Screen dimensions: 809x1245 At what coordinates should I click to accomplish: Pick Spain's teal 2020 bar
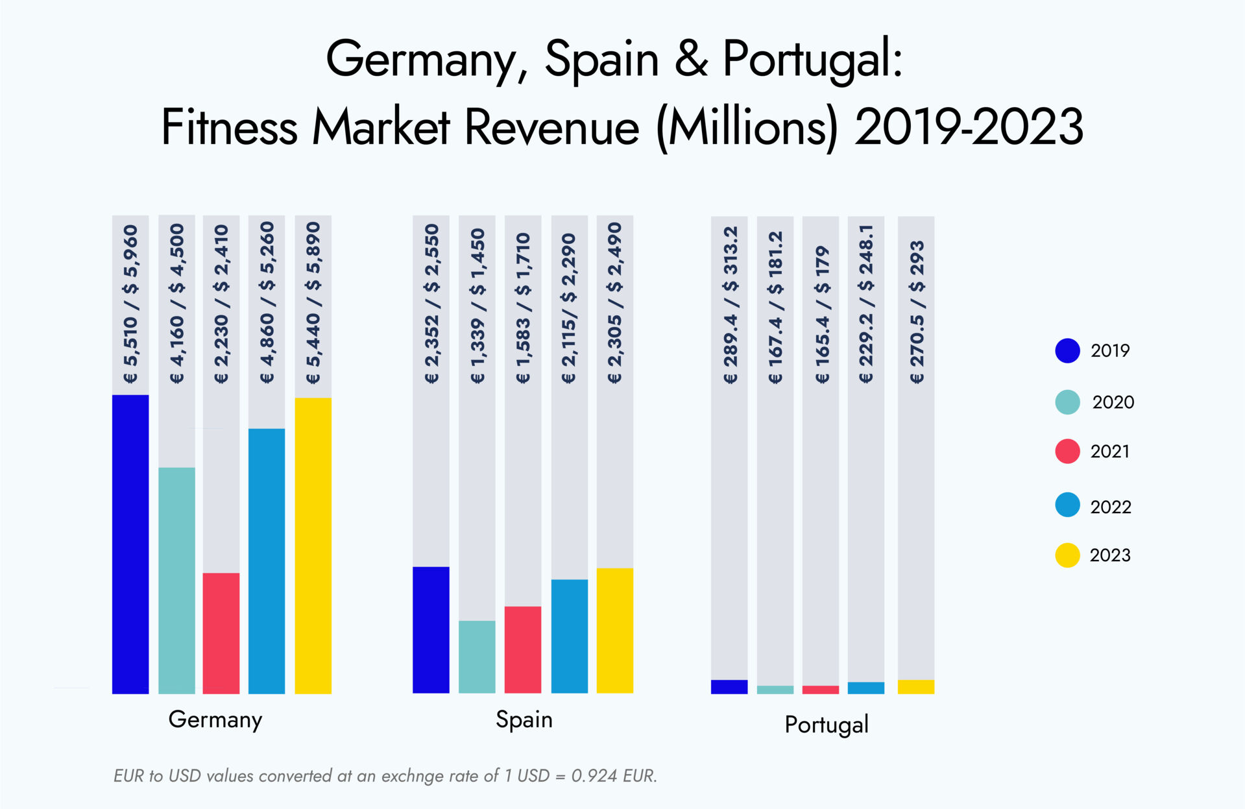pyautogui.click(x=477, y=657)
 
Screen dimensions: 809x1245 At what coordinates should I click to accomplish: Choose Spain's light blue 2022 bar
pyautogui.click(x=569, y=636)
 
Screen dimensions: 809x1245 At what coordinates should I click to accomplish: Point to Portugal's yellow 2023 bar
pyautogui.click(x=915, y=686)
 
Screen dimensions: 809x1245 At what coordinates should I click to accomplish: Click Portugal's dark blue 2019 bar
pyautogui.click(x=729, y=686)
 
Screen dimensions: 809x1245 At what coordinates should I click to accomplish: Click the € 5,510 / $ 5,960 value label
pyautogui.click(x=130, y=304)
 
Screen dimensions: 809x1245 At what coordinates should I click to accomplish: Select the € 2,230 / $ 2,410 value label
pyautogui.click(x=221, y=304)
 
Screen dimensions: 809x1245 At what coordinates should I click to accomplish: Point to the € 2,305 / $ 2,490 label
pyautogui.click(x=614, y=303)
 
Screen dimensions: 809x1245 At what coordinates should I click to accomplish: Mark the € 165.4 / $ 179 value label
pyautogui.click(x=821, y=314)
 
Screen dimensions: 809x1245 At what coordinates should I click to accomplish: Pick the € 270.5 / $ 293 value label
pyautogui.click(x=916, y=312)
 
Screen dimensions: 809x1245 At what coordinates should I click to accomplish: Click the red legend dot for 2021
pyautogui.click(x=1067, y=451)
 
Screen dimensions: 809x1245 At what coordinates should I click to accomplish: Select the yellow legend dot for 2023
pyautogui.click(x=1067, y=555)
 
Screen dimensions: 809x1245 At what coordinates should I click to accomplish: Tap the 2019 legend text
pyautogui.click(x=1109, y=350)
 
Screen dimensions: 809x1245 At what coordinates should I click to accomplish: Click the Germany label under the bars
pyautogui.click(x=215, y=719)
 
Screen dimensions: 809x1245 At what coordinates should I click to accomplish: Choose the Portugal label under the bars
pyautogui.click(x=826, y=724)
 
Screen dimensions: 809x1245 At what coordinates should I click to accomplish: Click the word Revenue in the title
pyautogui.click(x=551, y=127)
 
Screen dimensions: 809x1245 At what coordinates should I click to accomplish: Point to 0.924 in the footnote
pyautogui.click(x=594, y=775)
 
